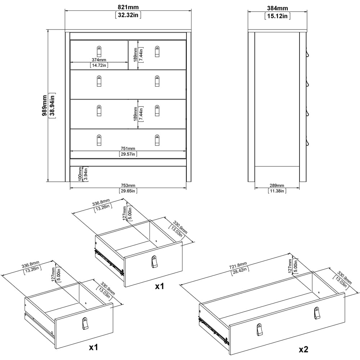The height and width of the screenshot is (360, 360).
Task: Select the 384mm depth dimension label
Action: click(277, 8)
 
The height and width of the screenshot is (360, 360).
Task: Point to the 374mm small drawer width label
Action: click(99, 60)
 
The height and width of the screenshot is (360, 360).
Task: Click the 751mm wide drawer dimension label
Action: click(128, 148)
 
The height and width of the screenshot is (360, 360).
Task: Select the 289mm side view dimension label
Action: click(277, 185)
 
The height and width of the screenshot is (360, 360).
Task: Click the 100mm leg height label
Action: click(80, 174)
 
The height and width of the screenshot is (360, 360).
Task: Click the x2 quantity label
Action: click(303, 349)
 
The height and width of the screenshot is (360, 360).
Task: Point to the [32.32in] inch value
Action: click(128, 15)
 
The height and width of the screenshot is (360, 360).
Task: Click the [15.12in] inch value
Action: click(277, 16)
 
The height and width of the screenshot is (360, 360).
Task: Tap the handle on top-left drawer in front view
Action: click(99, 51)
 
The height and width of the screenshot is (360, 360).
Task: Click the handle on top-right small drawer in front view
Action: click(157, 51)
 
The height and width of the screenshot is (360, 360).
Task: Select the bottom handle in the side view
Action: click(307, 142)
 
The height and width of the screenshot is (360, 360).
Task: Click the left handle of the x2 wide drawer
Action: click(260, 329)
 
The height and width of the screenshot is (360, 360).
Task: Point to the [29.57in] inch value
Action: click(128, 154)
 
